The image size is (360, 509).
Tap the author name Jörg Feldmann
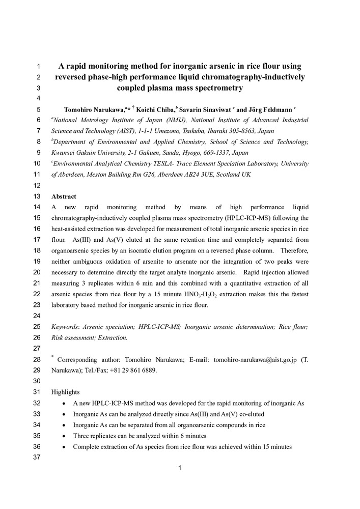point(270,109)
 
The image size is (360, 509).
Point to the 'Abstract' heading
point(64,196)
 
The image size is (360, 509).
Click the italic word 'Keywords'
point(65,327)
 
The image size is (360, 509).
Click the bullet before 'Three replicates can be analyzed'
point(63,436)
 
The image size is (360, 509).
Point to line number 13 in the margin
point(37,196)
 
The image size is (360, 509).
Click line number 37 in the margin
point(37,458)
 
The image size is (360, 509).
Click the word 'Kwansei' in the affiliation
point(64,153)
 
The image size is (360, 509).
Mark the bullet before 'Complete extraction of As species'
point(63,447)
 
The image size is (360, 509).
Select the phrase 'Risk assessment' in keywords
point(74,337)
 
